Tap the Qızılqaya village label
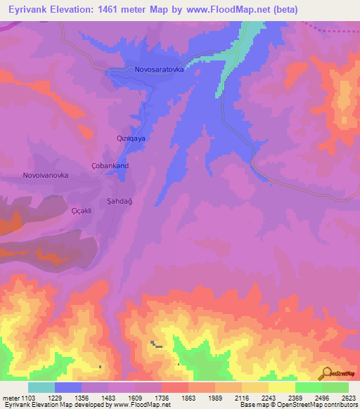[x=131, y=139]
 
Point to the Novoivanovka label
[x=46, y=175]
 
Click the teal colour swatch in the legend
[x=41, y=387]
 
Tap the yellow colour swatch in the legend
[x=281, y=387]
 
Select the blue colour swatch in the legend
[x=68, y=387]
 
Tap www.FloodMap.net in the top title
[x=226, y=9]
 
